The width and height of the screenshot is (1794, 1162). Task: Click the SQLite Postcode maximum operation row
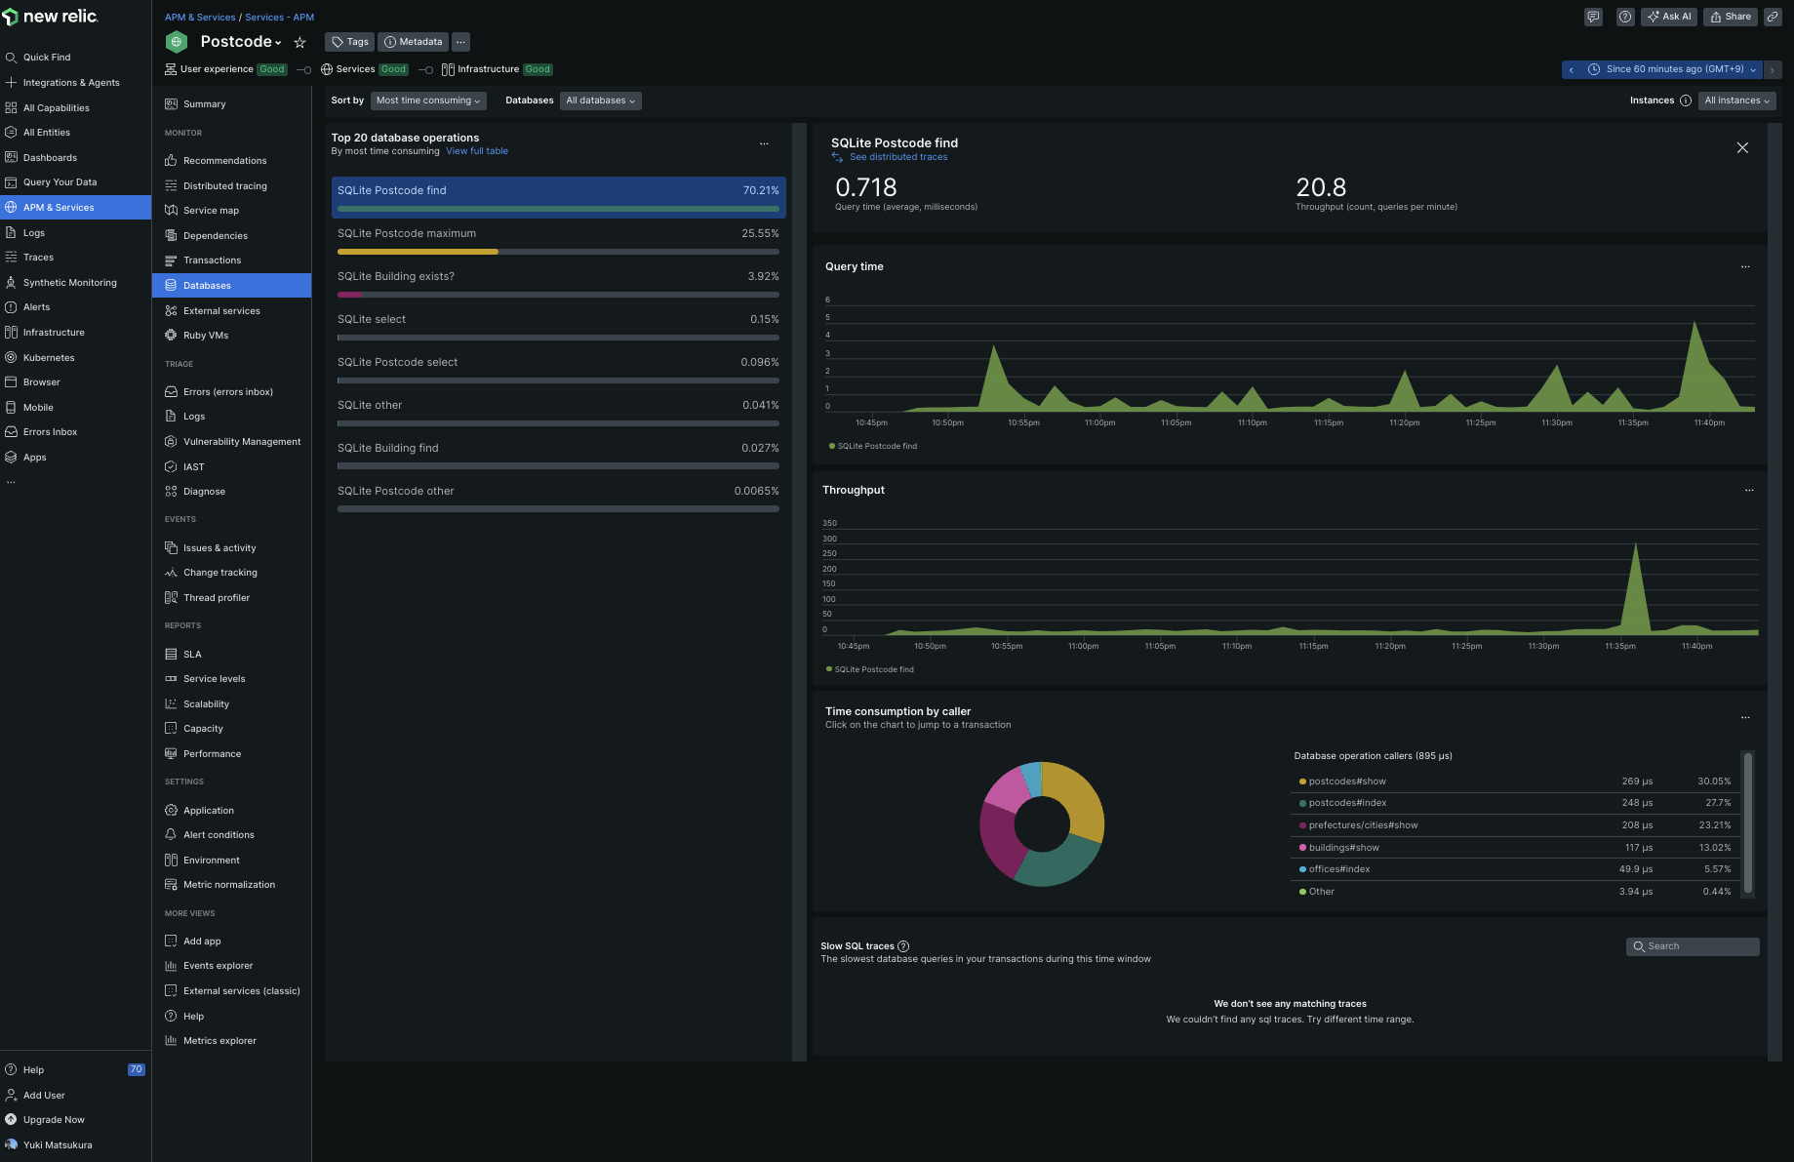coord(558,240)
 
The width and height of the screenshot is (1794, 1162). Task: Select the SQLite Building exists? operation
coord(558,283)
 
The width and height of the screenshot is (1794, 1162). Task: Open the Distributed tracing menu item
coord(224,185)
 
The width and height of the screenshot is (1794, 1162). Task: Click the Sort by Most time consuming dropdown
coord(427,100)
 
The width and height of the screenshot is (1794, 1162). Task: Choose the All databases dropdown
coord(600,100)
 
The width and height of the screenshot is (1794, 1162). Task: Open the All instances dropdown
coord(1736,100)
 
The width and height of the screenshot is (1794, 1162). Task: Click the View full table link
coord(477,151)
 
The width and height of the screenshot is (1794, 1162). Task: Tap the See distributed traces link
coord(897,157)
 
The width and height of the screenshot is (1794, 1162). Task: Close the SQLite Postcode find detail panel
coord(1742,147)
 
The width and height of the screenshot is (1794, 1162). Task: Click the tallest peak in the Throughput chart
coord(1635,543)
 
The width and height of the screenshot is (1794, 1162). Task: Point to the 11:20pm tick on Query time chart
coord(1405,422)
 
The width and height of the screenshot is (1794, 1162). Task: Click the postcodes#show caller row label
coord(1347,781)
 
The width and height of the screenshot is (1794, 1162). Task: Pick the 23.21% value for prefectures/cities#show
coord(1714,825)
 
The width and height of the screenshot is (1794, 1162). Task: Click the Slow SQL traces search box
coord(1693,946)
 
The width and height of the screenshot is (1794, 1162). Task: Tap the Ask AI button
coord(1669,17)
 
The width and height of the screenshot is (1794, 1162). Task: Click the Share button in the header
coord(1731,17)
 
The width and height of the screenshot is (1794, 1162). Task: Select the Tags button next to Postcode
coord(349,42)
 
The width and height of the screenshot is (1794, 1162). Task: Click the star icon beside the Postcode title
coord(300,43)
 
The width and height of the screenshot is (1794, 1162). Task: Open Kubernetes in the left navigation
coord(49,358)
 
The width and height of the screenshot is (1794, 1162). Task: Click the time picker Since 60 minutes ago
coord(1672,69)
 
